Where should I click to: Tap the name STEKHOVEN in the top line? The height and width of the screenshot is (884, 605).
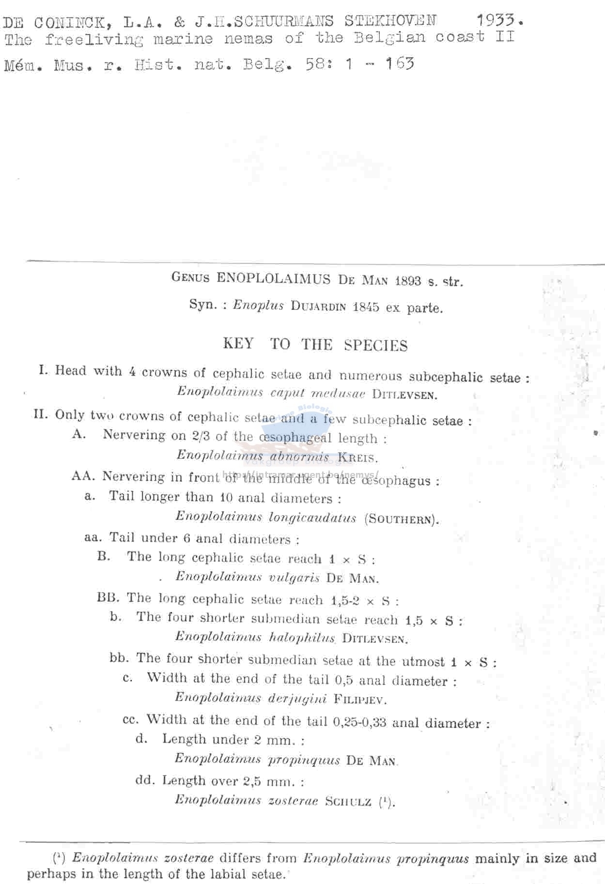(390, 21)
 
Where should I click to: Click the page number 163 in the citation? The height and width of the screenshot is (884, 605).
(400, 63)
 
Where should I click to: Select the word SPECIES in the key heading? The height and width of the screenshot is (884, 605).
(376, 346)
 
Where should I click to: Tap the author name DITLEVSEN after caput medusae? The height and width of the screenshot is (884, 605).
(404, 395)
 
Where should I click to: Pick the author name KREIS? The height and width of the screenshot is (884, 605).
(357, 457)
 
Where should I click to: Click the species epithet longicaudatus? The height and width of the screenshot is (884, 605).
(312, 518)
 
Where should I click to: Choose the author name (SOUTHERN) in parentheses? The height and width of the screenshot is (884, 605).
(402, 519)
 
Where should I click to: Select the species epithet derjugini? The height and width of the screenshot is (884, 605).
(298, 698)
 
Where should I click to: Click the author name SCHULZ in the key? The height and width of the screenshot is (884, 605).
(348, 801)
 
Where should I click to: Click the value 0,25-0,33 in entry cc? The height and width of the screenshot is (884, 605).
(359, 722)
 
